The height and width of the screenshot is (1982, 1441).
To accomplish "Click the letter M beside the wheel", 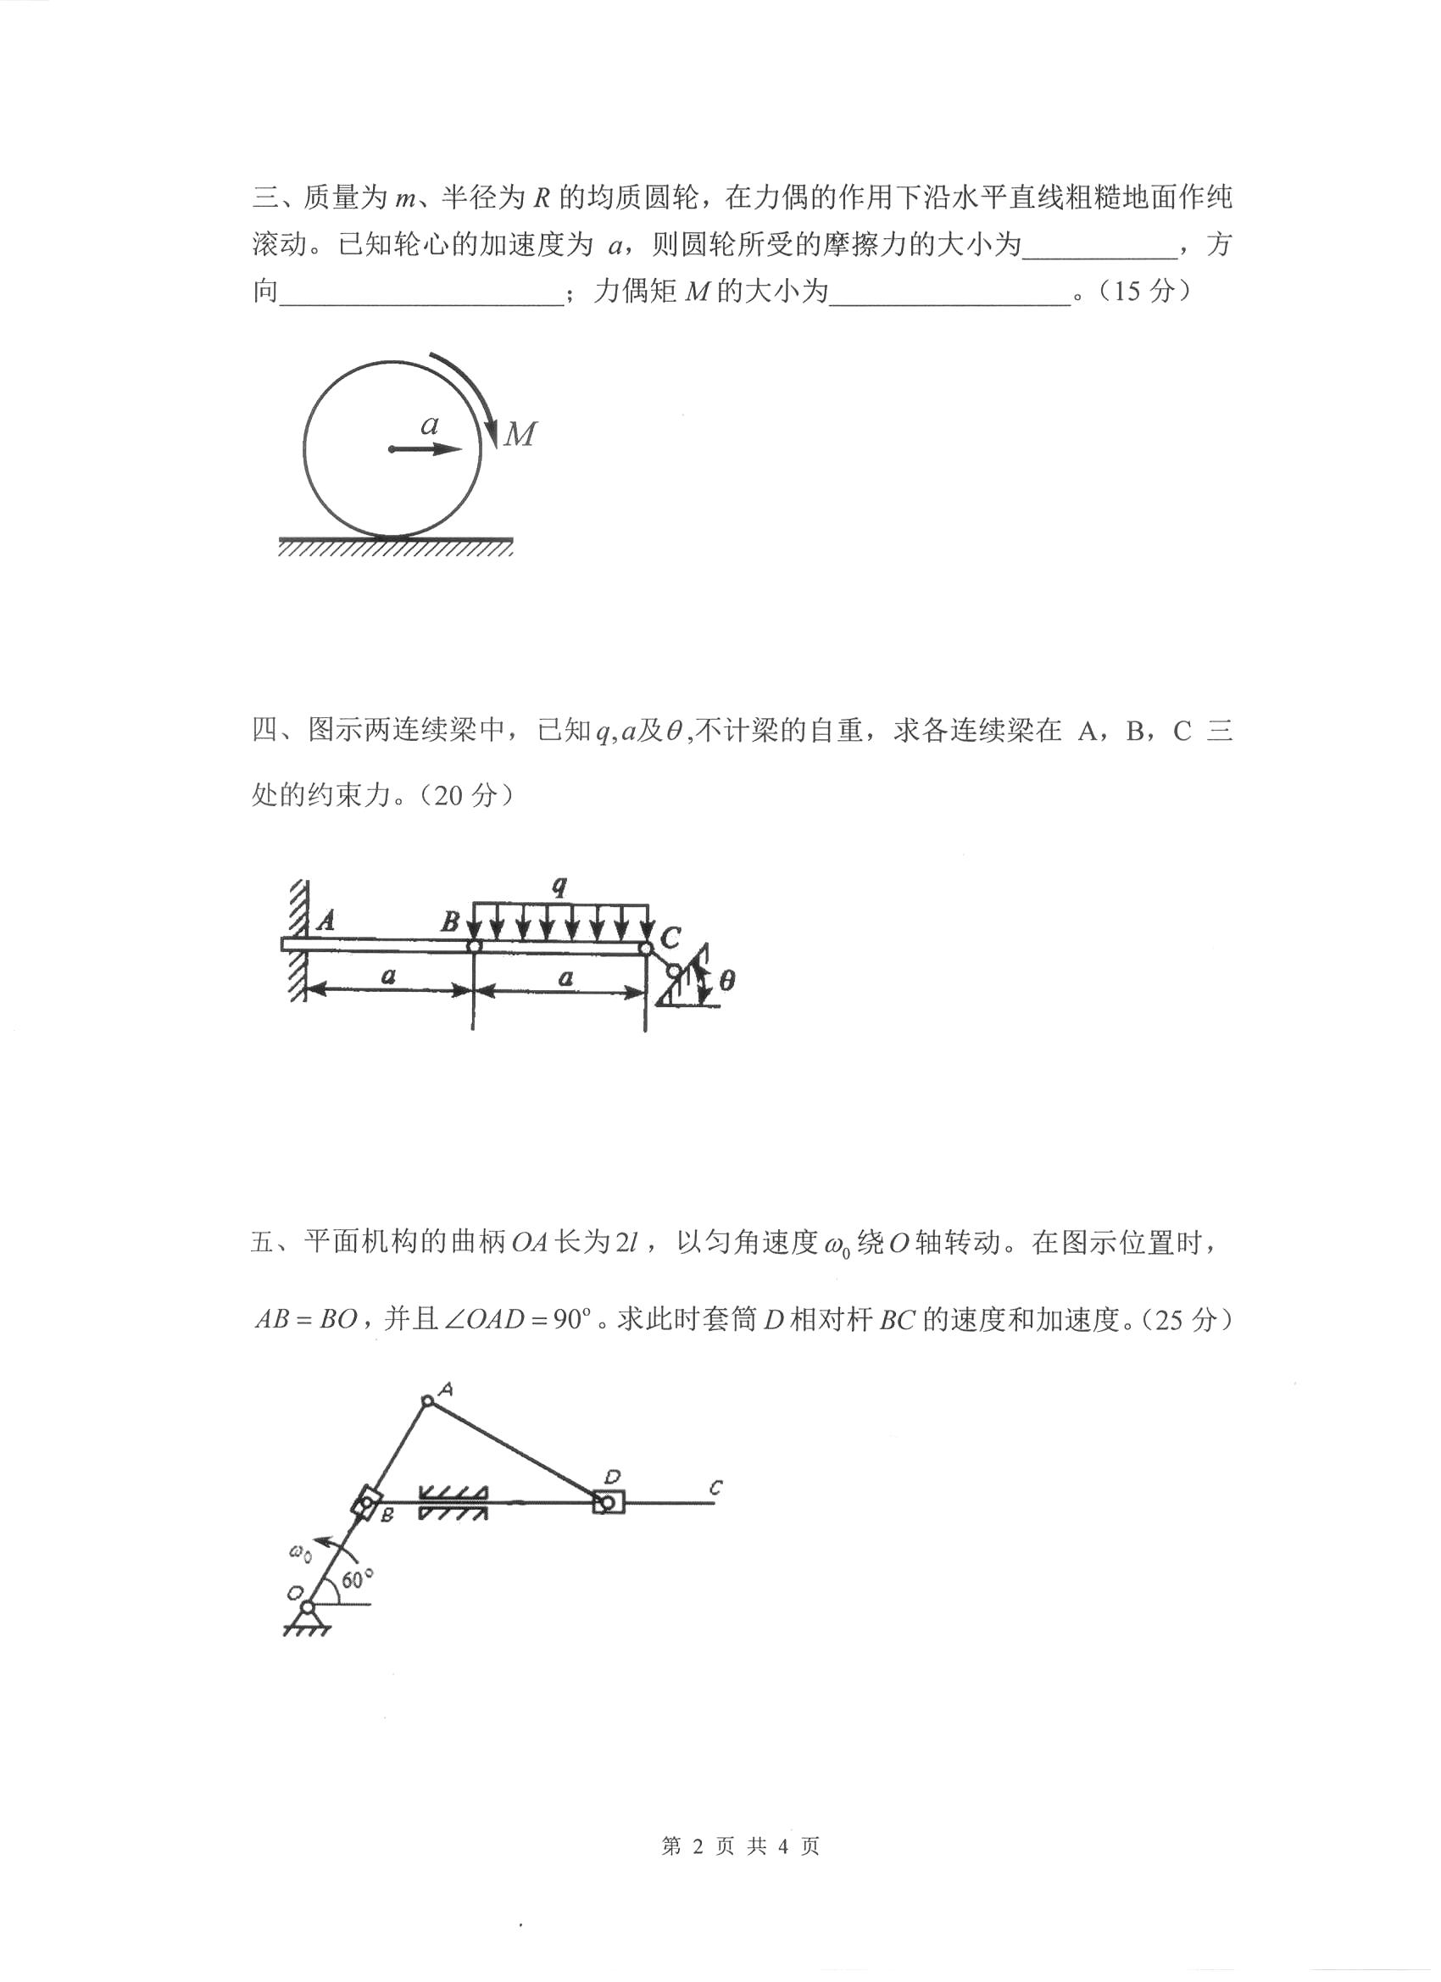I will (x=520, y=434).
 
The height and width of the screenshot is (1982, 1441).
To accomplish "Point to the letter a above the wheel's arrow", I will (x=429, y=426).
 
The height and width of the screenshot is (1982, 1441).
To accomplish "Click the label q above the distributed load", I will (x=559, y=886).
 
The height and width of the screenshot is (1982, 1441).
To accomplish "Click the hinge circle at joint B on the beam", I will (x=473, y=945).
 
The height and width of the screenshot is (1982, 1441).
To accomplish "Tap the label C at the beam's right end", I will (x=670, y=938).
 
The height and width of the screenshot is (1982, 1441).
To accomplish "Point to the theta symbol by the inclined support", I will (x=727, y=981).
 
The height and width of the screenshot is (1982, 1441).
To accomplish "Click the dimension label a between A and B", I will (x=388, y=975).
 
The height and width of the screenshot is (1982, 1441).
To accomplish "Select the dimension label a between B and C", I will (x=565, y=977).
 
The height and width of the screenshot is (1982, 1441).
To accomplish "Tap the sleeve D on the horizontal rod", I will (x=609, y=1503).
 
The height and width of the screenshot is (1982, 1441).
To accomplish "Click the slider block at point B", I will (x=366, y=1504).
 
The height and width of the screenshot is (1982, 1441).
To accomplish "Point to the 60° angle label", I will (x=357, y=1579).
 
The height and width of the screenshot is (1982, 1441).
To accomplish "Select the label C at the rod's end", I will (x=715, y=1488).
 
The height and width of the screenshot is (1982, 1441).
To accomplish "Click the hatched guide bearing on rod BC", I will (x=453, y=1503).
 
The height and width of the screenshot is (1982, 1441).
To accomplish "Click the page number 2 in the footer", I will (x=697, y=1846).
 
